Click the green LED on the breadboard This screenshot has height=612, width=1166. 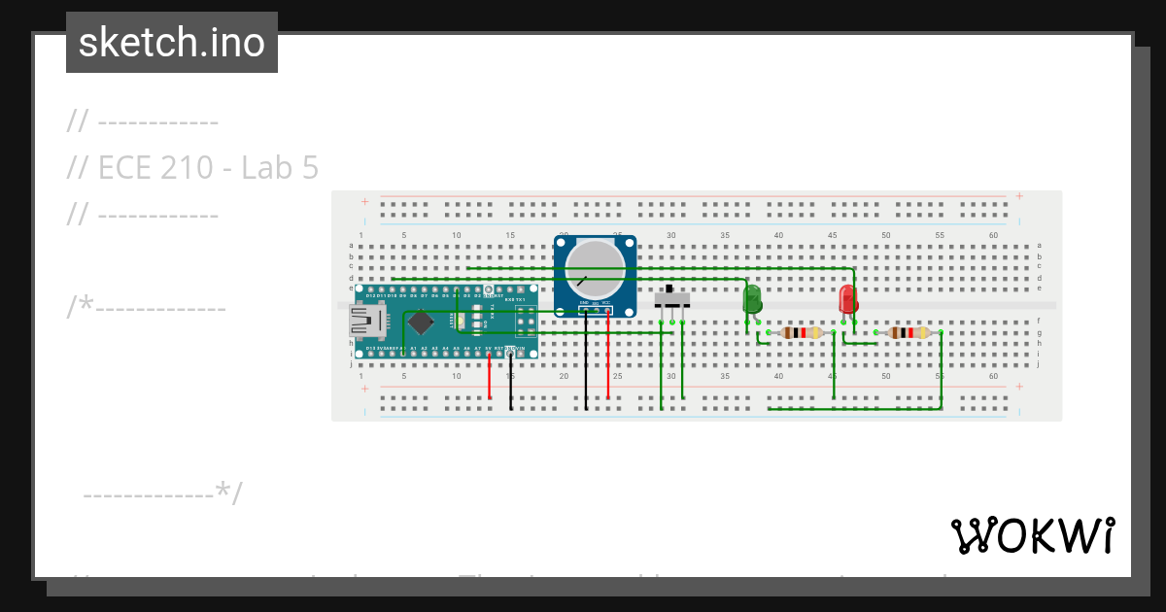point(751,298)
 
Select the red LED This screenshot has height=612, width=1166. point(848,298)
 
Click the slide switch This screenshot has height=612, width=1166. point(672,297)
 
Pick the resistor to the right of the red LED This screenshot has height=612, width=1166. point(909,333)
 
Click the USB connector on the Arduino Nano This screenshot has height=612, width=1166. point(369,318)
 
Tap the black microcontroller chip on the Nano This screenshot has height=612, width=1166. point(420,321)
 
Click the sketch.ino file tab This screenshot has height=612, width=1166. point(172,43)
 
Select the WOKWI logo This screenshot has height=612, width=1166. point(1033,535)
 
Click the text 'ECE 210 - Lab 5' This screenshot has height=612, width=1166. point(192,168)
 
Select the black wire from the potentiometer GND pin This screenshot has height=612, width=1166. point(586,359)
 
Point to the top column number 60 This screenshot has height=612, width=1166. point(993,235)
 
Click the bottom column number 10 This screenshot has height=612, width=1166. point(457,375)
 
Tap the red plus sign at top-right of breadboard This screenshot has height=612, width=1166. point(1019,196)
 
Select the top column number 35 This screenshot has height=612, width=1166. point(725,235)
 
